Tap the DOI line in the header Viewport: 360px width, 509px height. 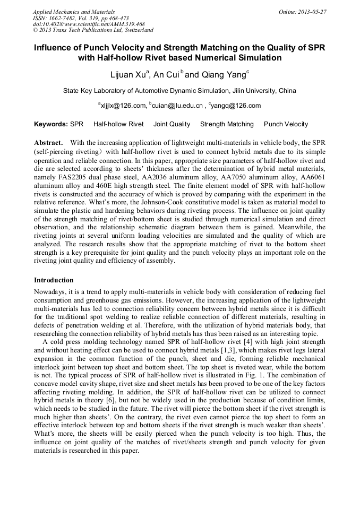(x=89, y=24)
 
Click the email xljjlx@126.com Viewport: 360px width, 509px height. (x=123, y=106)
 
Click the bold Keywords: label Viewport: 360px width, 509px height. (x=51, y=124)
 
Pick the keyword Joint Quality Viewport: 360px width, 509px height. (x=172, y=124)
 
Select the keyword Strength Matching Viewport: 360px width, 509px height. (x=227, y=124)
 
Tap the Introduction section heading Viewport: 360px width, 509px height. (x=54, y=280)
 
